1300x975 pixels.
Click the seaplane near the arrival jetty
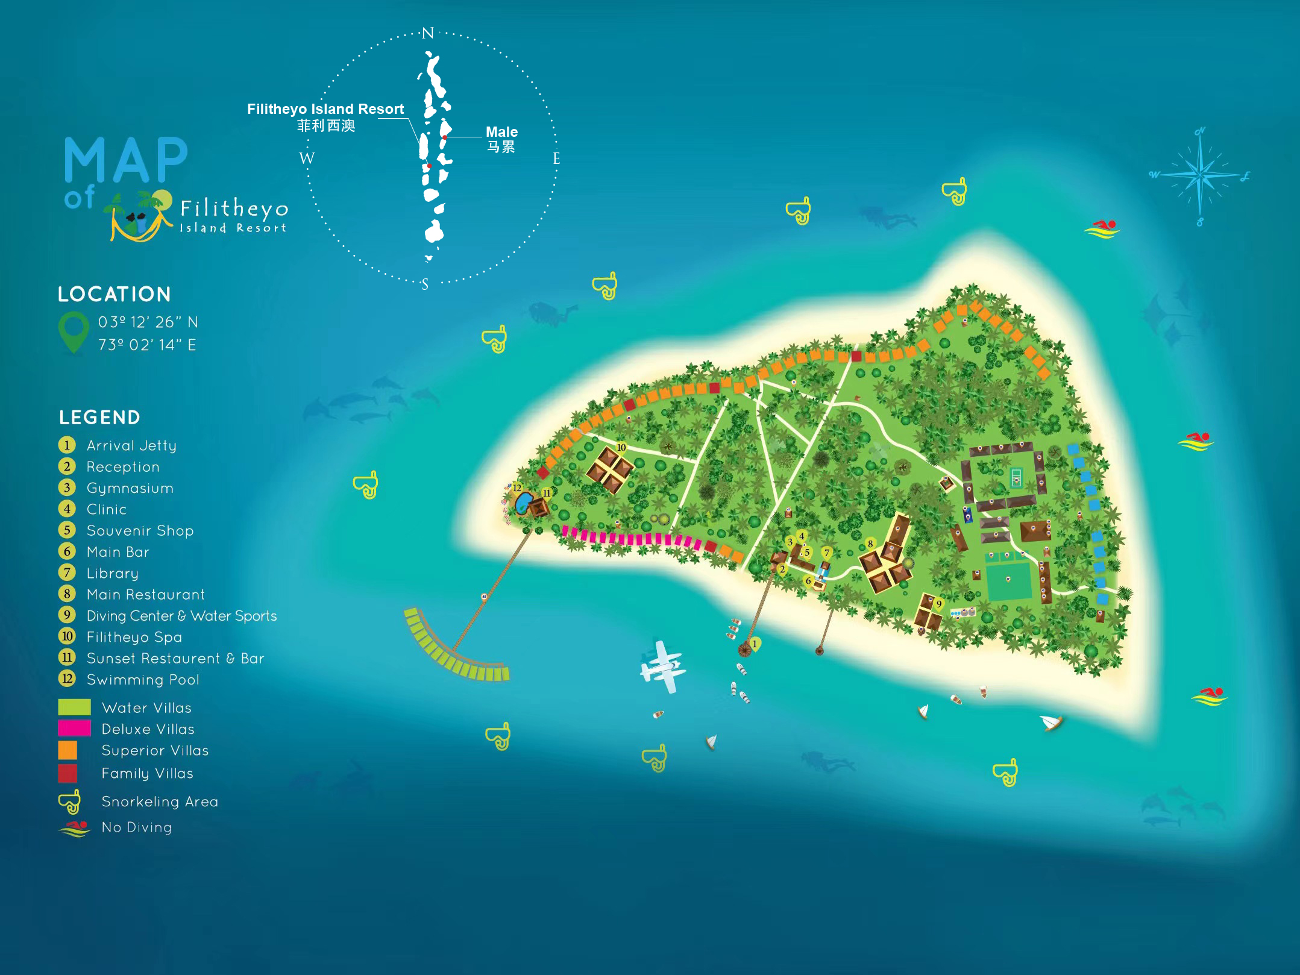(x=663, y=666)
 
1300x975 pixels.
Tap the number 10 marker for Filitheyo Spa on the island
(x=621, y=448)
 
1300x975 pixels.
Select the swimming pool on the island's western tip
(x=523, y=502)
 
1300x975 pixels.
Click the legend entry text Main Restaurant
(x=145, y=595)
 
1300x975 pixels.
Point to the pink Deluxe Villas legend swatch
(x=74, y=729)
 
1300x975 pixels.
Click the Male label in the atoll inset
(x=501, y=132)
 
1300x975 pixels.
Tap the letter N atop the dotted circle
(x=428, y=33)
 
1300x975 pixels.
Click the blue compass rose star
(x=1200, y=175)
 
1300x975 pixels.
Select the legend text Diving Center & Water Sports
(x=181, y=616)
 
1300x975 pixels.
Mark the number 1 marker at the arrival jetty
(x=755, y=644)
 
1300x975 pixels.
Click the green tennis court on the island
(x=1016, y=478)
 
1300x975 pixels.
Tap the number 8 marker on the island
(x=870, y=544)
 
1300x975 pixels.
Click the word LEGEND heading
(x=99, y=417)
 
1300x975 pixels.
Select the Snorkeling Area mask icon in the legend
(x=69, y=801)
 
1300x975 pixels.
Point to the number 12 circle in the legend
(x=67, y=679)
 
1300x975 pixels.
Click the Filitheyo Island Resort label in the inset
(x=325, y=109)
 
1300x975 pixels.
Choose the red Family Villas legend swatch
(x=68, y=773)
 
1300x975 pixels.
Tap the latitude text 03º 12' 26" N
(x=148, y=322)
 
